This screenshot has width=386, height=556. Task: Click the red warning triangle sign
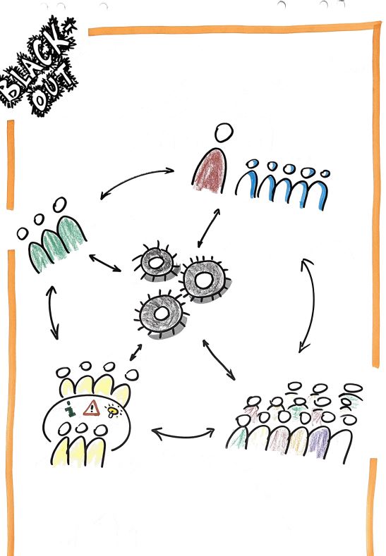[x=92, y=408]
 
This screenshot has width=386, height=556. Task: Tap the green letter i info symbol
[x=71, y=409]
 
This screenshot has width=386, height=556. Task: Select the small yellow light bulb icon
[x=112, y=412]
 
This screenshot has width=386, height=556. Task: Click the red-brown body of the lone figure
[x=210, y=171]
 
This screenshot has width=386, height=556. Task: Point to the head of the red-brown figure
[x=224, y=132]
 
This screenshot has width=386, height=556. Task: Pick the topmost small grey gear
[x=156, y=263]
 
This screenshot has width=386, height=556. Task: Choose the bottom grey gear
[x=162, y=314]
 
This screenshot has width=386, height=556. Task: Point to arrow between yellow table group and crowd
[x=183, y=435]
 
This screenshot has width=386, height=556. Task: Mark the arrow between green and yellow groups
[x=52, y=313]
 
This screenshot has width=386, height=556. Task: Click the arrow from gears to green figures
[x=104, y=263]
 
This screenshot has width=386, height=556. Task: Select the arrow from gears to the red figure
[x=209, y=228]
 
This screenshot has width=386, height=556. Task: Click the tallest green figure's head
[x=59, y=204]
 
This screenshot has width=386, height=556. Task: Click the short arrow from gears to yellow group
[x=135, y=352]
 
